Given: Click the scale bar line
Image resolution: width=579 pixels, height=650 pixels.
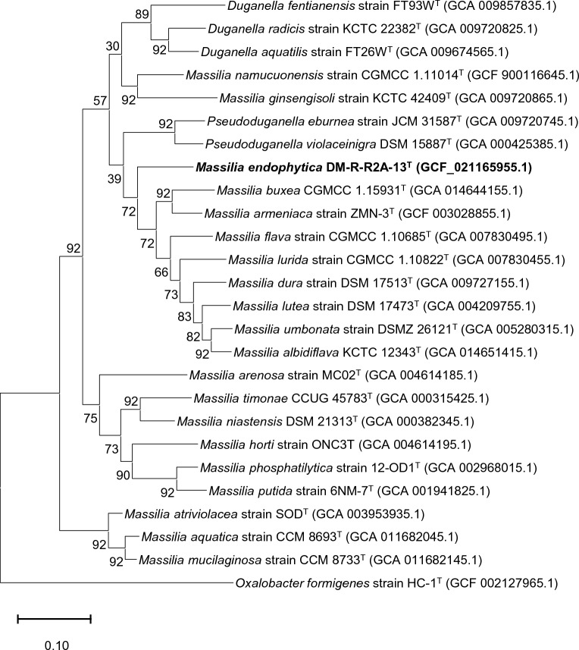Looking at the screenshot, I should pyautogui.click(x=54, y=620).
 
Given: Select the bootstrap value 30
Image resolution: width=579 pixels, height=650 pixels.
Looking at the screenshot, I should pyautogui.click(x=111, y=68).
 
